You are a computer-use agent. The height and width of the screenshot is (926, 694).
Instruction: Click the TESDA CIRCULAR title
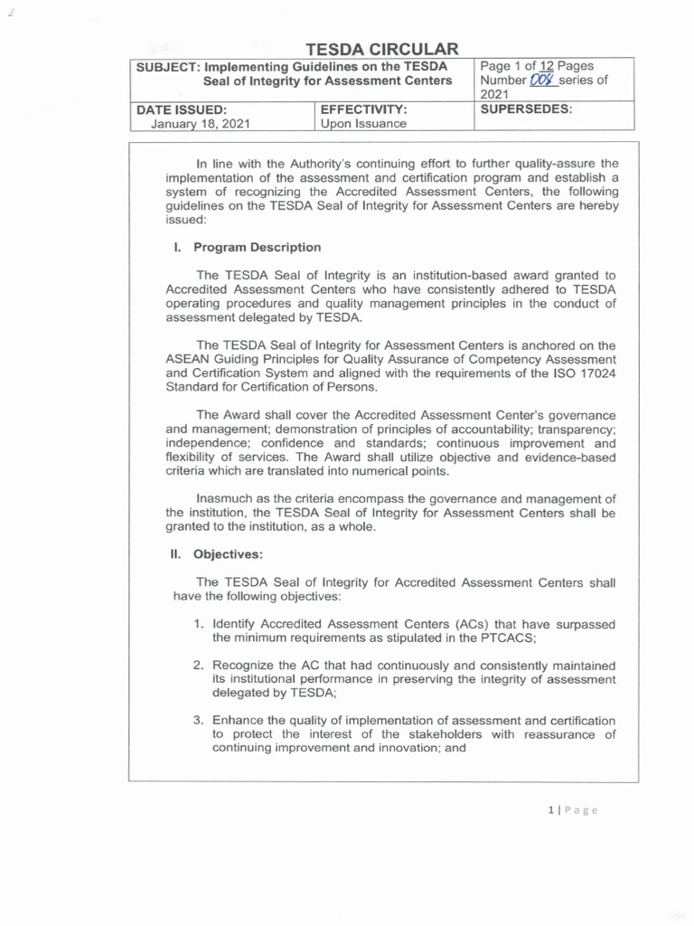point(381,49)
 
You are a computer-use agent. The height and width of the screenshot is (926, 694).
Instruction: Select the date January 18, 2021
point(201,124)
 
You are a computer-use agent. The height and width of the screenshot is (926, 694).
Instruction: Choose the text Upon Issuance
point(364,124)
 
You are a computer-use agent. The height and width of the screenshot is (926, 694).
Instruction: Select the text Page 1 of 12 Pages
point(537,66)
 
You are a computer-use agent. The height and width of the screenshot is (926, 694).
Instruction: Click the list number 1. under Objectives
point(199,625)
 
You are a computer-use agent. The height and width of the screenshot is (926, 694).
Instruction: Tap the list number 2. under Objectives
point(199,666)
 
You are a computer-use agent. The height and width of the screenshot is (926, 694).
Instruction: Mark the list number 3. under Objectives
point(199,721)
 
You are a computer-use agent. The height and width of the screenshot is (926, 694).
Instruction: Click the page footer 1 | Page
point(572,809)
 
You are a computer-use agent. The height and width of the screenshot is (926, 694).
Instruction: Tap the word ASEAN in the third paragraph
point(187,359)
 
